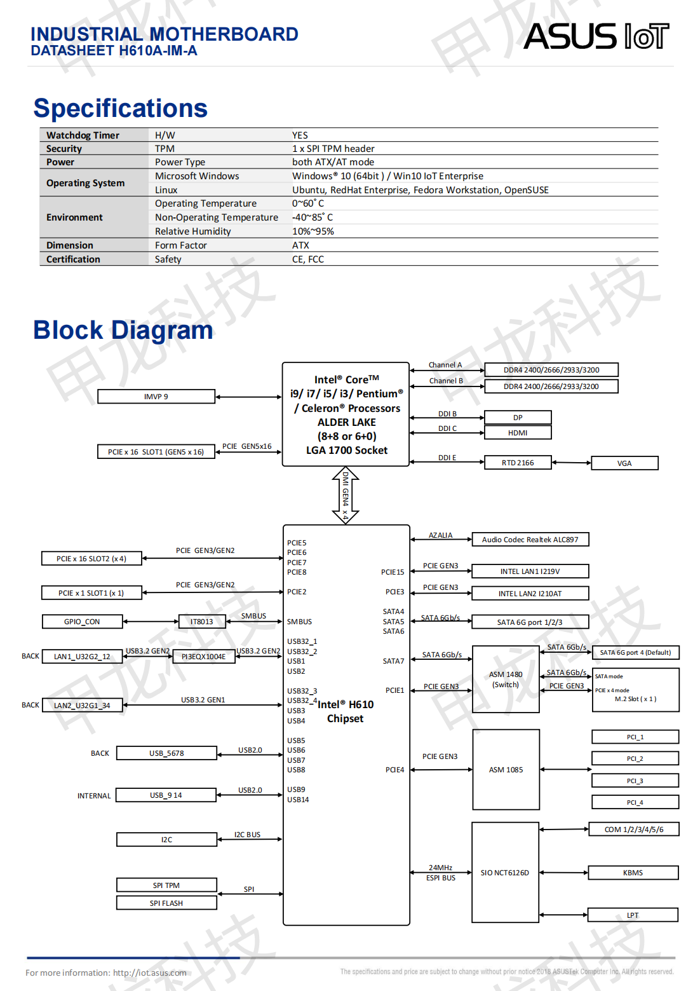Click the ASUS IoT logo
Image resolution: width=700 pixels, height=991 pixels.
click(x=596, y=37)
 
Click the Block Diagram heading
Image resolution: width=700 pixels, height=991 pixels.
click(x=123, y=331)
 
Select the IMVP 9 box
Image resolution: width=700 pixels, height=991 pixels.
click(x=156, y=397)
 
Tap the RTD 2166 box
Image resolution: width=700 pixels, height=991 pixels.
click(x=518, y=463)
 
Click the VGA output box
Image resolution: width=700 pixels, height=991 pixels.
click(x=624, y=463)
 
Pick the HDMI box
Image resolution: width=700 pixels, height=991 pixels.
click(x=518, y=433)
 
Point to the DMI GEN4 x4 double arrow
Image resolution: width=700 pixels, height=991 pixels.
click(x=346, y=495)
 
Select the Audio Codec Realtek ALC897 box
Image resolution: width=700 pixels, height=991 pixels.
click(x=530, y=540)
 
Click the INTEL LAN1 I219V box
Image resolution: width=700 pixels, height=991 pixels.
click(x=530, y=571)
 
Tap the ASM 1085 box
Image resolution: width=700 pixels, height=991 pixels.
click(x=506, y=770)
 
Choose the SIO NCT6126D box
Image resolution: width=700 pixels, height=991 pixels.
click(x=505, y=873)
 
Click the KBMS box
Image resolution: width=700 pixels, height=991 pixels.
click(x=633, y=873)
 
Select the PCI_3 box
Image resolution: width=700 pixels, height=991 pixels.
click(x=635, y=781)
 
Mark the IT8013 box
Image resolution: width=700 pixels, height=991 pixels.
click(x=201, y=622)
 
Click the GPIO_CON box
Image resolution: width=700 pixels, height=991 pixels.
click(x=82, y=622)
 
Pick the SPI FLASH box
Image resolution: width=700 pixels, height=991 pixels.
click(x=166, y=903)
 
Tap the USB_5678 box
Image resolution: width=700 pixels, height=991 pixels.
click(x=166, y=753)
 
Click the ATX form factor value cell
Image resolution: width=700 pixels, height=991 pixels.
click(x=301, y=245)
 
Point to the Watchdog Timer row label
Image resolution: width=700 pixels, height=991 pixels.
click(x=83, y=135)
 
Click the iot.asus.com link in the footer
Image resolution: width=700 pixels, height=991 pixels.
click(x=150, y=973)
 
